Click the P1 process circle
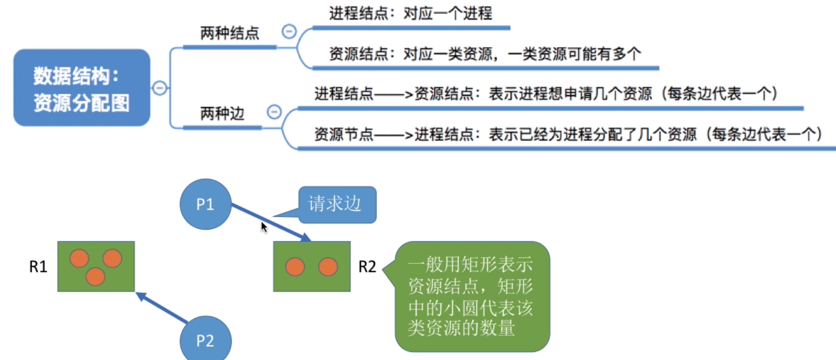pyautogui.click(x=205, y=204)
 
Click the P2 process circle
pyautogui.click(x=205, y=340)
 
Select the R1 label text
pyautogui.click(x=38, y=266)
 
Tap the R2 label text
pyautogui.click(x=367, y=266)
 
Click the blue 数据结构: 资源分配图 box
pyautogui.click(x=81, y=88)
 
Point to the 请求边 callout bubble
pyautogui.click(x=336, y=204)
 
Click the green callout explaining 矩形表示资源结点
pyautogui.click(x=472, y=297)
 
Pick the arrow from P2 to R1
pyautogui.click(x=162, y=307)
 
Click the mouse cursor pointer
pyautogui.click(x=263, y=227)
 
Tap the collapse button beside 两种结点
pyautogui.click(x=289, y=32)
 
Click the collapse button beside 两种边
pyautogui.click(x=274, y=112)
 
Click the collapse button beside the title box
pyautogui.click(x=159, y=88)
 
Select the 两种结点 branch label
pyautogui.click(x=230, y=33)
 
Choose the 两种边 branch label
pyautogui.click(x=222, y=114)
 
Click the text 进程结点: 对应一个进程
pyautogui.click(x=411, y=14)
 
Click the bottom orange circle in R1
pyautogui.click(x=95, y=276)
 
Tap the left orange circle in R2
pyautogui.click(x=295, y=266)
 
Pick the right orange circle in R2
pyautogui.click(x=328, y=266)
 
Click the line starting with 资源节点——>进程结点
pyautogui.click(x=568, y=134)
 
